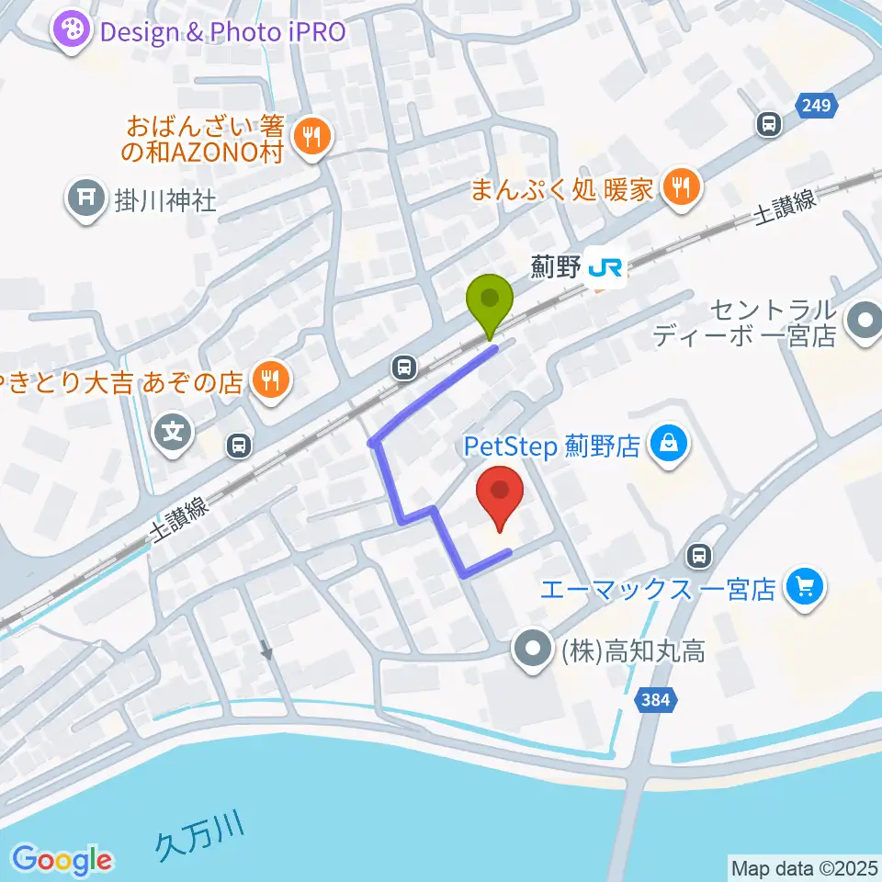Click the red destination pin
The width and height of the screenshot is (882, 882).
tap(500, 494)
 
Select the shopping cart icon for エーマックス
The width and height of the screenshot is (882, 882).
tap(806, 587)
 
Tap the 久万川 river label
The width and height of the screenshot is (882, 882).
tap(200, 836)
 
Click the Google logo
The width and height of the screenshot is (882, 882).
tap(62, 860)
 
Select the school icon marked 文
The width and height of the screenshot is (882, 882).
tap(174, 429)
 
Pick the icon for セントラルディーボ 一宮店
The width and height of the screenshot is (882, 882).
tap(864, 322)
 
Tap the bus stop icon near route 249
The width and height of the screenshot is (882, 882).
tap(768, 124)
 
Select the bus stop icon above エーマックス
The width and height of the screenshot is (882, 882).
tap(700, 555)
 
